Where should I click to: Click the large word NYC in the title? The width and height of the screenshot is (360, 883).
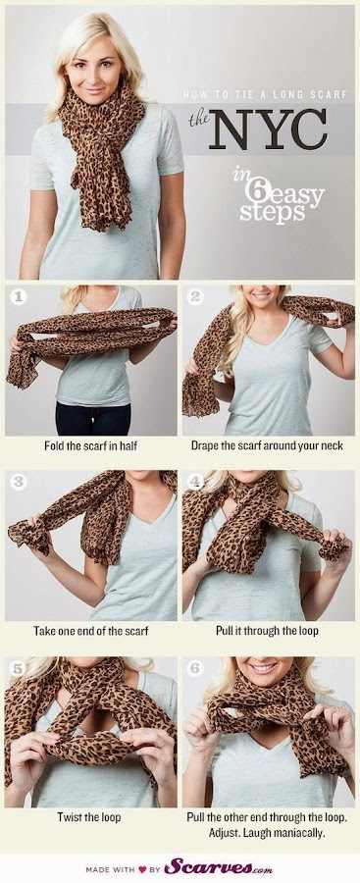tap(267, 130)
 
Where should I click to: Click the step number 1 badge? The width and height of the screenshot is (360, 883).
tap(18, 294)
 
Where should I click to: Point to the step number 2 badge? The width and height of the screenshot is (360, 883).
tap(195, 294)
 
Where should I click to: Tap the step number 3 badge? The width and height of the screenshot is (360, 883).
tap(18, 482)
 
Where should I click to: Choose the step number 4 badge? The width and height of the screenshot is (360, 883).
tap(195, 482)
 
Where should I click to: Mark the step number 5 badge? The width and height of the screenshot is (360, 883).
tap(18, 666)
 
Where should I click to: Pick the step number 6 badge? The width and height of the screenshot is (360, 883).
tap(195, 666)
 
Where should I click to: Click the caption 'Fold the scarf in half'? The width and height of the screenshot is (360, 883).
tap(89, 444)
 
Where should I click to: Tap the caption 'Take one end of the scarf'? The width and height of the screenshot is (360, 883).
tap(89, 630)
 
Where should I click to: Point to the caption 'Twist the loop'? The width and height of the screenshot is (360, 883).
tap(89, 815)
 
